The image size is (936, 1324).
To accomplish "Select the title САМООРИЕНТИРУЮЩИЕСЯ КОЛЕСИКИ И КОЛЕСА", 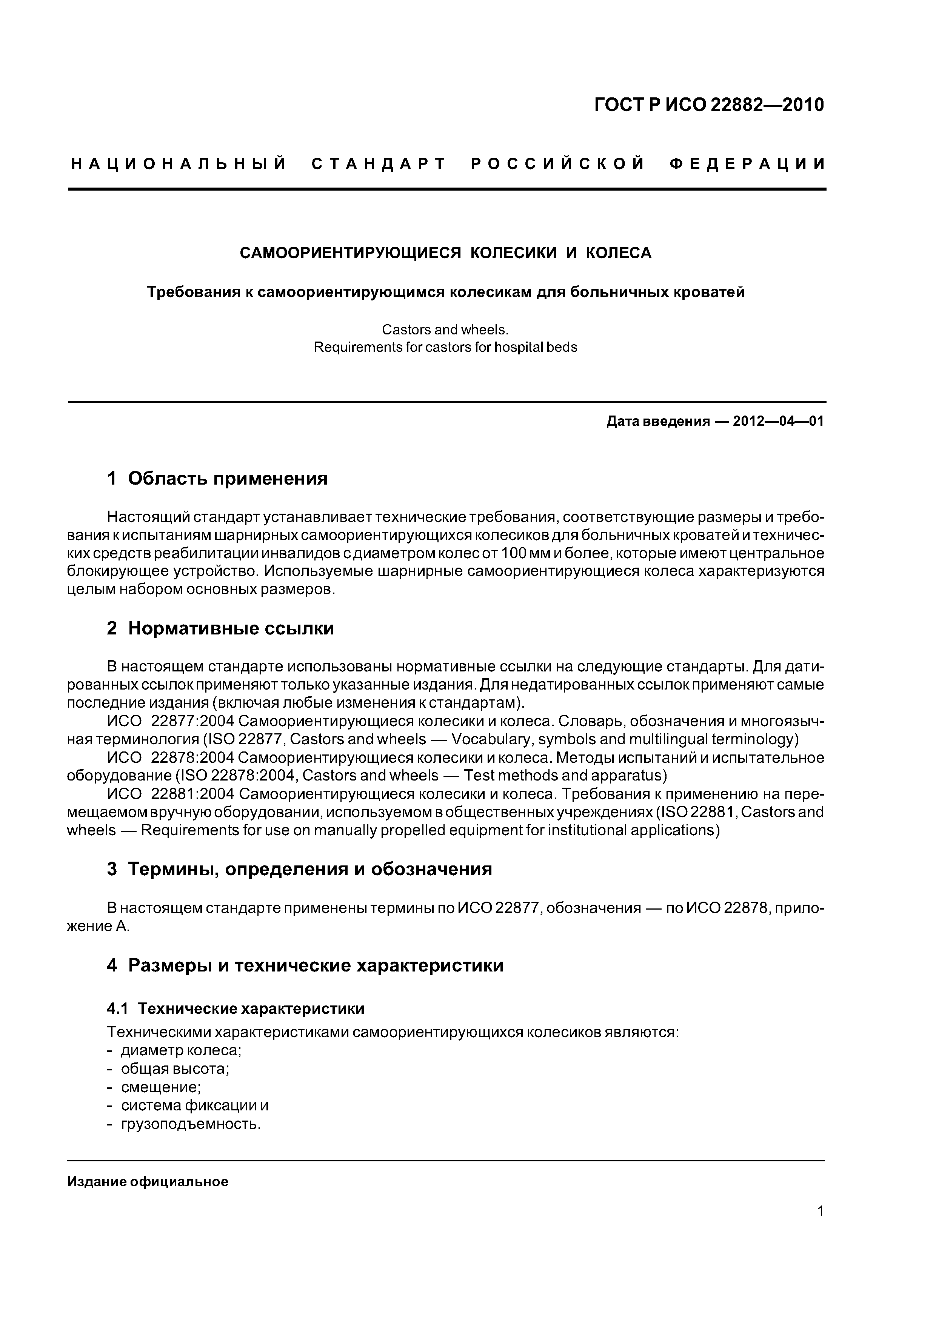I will (x=445, y=253).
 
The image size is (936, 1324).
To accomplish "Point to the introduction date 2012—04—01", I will (x=778, y=422).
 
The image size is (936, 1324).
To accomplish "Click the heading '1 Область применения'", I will (x=217, y=478).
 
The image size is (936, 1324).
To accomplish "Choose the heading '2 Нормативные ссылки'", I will (x=220, y=628).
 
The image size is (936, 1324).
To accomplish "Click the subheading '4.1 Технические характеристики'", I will (x=236, y=1008).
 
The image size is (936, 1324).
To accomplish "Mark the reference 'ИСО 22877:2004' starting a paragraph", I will (x=171, y=721).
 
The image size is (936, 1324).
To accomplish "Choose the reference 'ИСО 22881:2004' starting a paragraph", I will (x=171, y=794).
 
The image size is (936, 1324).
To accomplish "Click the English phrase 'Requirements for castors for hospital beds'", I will (x=445, y=347).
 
